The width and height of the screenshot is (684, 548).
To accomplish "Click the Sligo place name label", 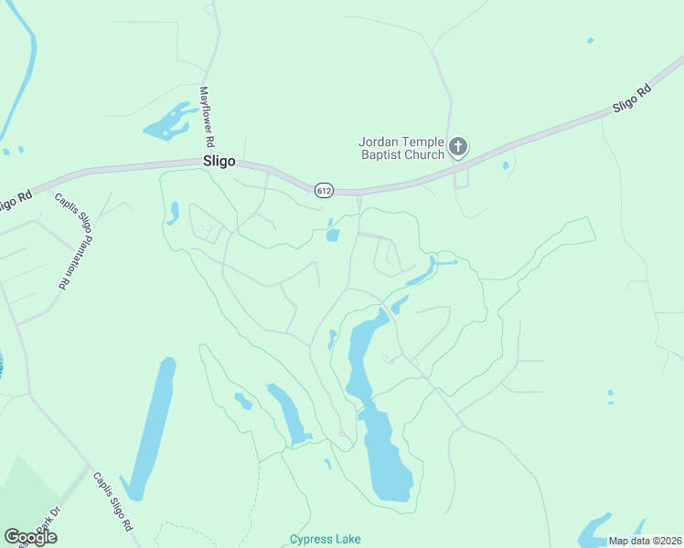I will coord(219,161).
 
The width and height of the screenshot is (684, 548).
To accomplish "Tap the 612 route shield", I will coord(324,190).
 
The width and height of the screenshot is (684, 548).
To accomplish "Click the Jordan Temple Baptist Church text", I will coord(401,148).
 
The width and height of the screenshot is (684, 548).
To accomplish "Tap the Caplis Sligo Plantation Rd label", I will coord(63,242).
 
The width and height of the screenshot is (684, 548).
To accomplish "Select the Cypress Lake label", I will coord(325,539).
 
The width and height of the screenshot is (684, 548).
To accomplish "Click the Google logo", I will coord(31,537).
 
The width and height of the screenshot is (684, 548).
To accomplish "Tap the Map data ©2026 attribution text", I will coord(644,541).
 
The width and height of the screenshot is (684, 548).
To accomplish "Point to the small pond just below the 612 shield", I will coord(332,235).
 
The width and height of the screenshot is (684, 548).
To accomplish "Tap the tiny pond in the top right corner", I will coord(590,40).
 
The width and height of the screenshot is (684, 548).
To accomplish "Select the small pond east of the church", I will coord(505,166).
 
